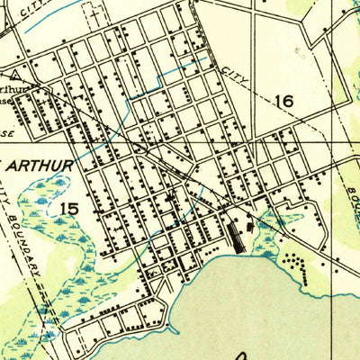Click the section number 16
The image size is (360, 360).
284,101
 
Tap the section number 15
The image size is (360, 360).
67,209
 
